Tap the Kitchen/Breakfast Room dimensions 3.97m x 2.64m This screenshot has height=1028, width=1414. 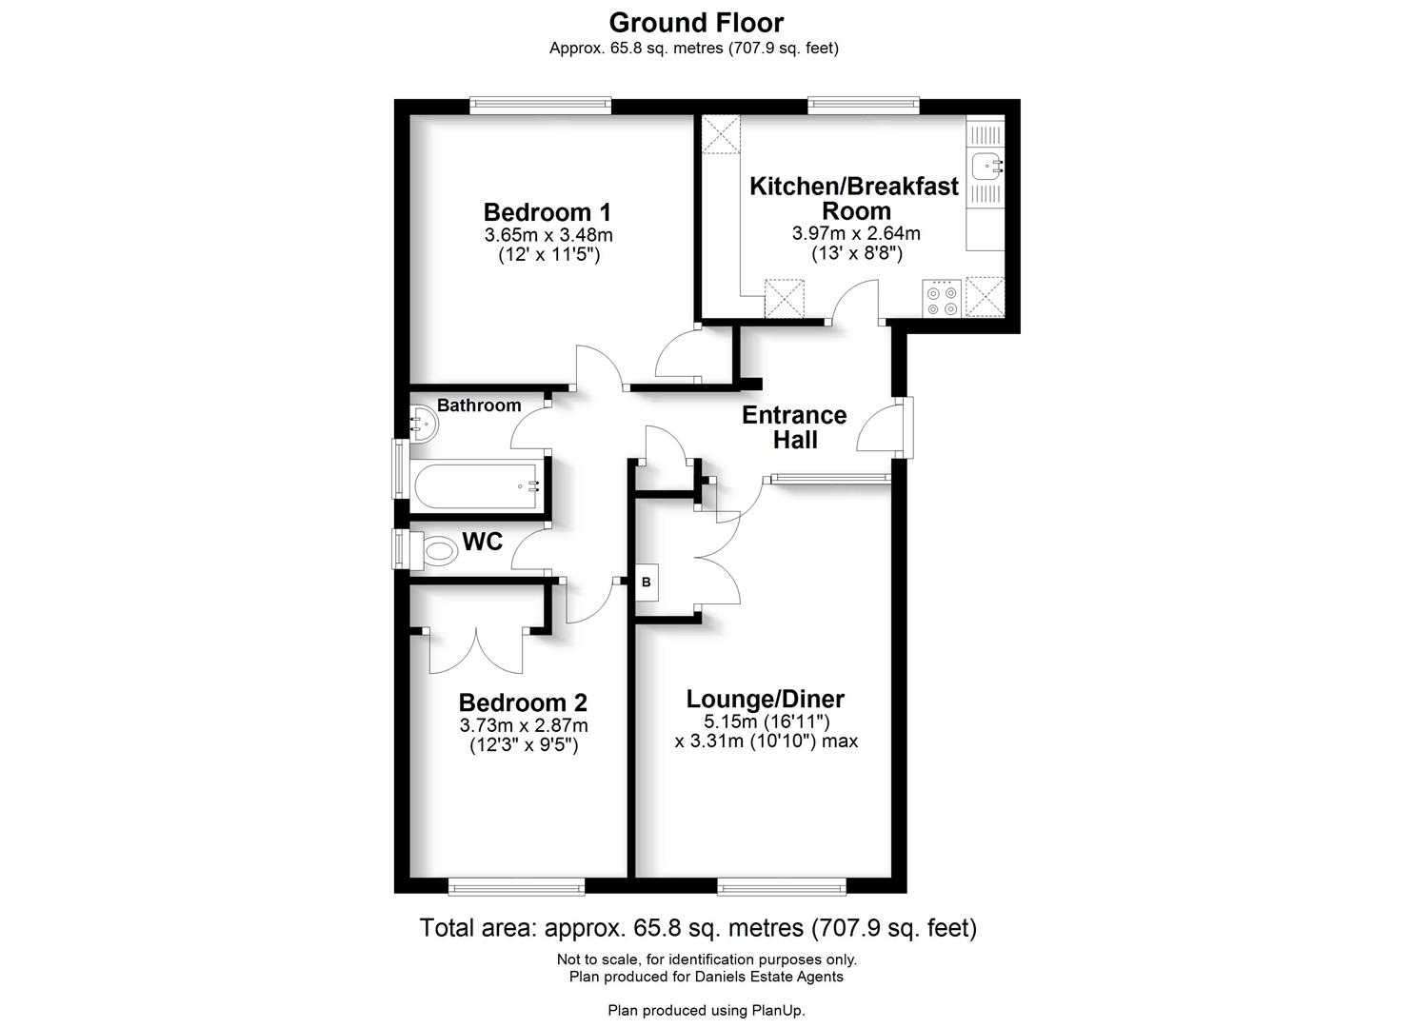point(855,233)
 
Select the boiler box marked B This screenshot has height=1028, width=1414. point(647,582)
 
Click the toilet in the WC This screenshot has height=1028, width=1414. point(439,550)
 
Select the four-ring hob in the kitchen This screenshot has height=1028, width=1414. point(942,297)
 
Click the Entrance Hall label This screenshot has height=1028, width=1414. point(794,427)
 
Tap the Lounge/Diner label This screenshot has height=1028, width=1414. point(766,700)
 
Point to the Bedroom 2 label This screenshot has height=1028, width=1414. point(523,703)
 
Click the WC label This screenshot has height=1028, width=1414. point(482,543)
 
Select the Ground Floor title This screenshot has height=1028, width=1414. point(696,22)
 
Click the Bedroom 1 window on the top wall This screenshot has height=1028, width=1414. point(540,107)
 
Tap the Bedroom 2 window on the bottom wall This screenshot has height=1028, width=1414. point(516,887)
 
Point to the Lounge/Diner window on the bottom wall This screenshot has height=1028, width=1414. point(782,887)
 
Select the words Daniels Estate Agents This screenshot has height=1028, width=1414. point(767,977)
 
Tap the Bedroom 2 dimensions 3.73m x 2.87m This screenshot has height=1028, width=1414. point(523,725)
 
